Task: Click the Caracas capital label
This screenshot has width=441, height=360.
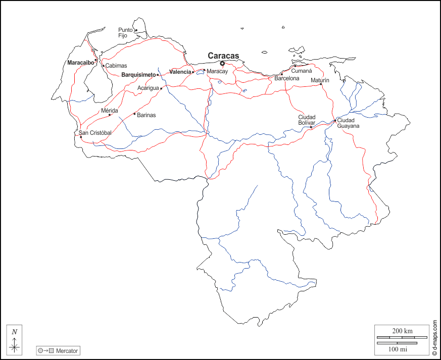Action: click(x=223, y=56)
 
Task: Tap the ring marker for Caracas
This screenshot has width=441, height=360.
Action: click(x=222, y=63)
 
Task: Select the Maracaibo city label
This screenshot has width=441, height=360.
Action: click(x=81, y=63)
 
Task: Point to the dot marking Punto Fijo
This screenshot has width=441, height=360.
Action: click(x=136, y=30)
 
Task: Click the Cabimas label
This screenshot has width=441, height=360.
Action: click(x=116, y=66)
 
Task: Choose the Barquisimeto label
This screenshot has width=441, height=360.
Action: click(x=138, y=75)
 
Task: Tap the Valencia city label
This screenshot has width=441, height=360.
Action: click(x=180, y=72)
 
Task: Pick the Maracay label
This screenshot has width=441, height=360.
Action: click(x=217, y=71)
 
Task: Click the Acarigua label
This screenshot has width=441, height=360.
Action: click(x=148, y=88)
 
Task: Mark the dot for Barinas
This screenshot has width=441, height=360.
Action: click(x=134, y=114)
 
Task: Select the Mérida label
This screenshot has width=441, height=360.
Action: click(x=109, y=110)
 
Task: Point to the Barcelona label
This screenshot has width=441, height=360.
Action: click(x=287, y=78)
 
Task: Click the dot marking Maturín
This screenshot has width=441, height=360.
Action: click(x=321, y=84)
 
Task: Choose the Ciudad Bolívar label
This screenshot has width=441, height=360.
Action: click(x=307, y=120)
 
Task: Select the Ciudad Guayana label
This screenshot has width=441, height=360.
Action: click(x=348, y=123)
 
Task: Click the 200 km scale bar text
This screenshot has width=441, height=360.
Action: click(x=402, y=331)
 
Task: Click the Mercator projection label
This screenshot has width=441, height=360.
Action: click(x=67, y=350)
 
